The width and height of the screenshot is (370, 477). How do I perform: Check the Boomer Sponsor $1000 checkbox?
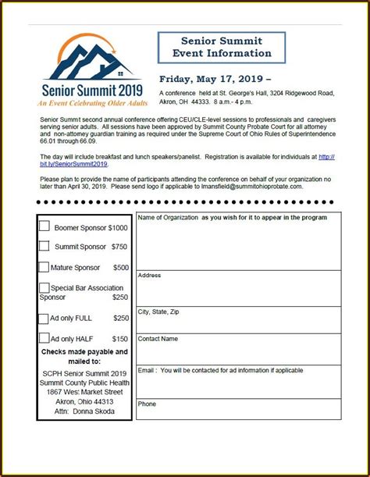[x=45, y=226]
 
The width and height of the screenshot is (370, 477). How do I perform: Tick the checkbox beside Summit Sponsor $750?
[x=45, y=246]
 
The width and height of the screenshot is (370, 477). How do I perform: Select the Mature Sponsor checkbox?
[x=44, y=266]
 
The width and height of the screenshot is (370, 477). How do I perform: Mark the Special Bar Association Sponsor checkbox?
[x=44, y=287]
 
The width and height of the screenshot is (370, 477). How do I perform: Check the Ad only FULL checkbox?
[x=44, y=318]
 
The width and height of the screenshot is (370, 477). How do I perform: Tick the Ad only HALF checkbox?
[x=44, y=338]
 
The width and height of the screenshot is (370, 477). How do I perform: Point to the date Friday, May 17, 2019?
[x=215, y=79]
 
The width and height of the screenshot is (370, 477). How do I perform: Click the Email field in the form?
[x=238, y=381]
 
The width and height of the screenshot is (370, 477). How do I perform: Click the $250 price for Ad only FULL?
[x=120, y=319]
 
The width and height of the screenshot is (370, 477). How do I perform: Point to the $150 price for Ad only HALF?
[x=120, y=339]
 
